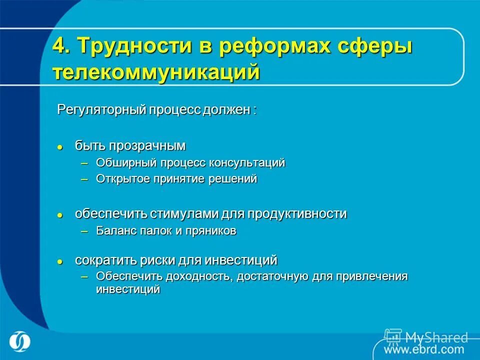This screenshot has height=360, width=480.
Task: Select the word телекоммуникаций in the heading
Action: coord(156,72)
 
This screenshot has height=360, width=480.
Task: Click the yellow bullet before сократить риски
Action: coord(60,261)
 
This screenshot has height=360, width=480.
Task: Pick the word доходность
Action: coord(201,276)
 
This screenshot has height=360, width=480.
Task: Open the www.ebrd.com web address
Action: coord(424,349)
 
